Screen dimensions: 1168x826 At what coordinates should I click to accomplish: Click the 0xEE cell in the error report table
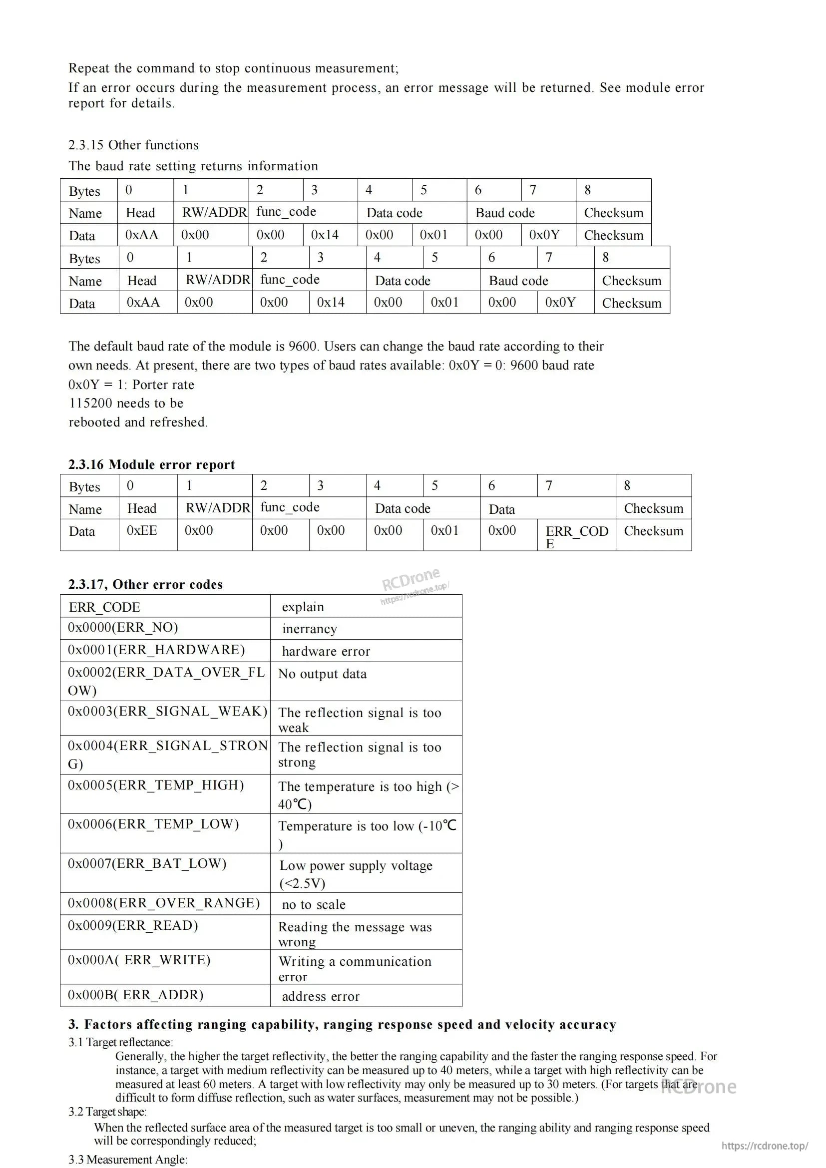(x=142, y=531)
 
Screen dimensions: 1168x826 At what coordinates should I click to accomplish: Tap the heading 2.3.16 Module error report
(x=152, y=464)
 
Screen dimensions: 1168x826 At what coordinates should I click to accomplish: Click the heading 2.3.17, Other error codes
(x=145, y=585)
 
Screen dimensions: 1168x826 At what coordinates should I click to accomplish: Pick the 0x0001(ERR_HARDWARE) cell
(x=156, y=650)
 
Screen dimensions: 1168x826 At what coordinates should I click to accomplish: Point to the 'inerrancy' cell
(x=310, y=629)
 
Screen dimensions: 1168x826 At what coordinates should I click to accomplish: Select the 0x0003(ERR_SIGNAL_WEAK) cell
(x=167, y=711)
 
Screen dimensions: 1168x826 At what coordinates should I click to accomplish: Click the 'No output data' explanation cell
(x=322, y=674)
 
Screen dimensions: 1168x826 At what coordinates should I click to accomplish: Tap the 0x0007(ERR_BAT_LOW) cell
(x=147, y=864)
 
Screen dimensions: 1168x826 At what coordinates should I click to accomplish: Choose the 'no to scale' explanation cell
(x=314, y=904)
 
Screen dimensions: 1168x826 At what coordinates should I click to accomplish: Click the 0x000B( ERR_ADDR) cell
(x=135, y=995)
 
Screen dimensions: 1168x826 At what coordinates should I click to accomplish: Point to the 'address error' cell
(x=321, y=997)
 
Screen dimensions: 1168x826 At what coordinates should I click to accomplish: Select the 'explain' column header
(x=303, y=607)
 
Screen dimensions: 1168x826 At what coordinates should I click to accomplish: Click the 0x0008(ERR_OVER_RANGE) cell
(x=164, y=903)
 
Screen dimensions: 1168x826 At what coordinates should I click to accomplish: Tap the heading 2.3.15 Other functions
(x=133, y=145)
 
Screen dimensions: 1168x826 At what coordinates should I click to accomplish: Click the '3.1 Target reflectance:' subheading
(x=120, y=1042)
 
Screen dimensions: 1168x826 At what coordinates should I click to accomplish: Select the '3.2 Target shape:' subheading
(x=107, y=1112)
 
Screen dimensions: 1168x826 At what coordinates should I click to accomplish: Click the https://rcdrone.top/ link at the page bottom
(x=765, y=1146)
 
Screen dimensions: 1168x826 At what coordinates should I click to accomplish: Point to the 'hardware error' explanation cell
(x=326, y=652)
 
